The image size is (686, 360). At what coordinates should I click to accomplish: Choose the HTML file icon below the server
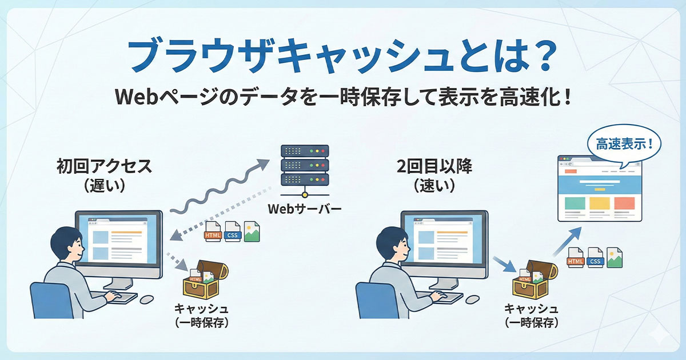(213, 233)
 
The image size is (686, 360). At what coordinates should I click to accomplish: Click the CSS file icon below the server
(232, 233)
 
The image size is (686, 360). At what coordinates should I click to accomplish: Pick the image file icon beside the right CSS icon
(615, 258)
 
